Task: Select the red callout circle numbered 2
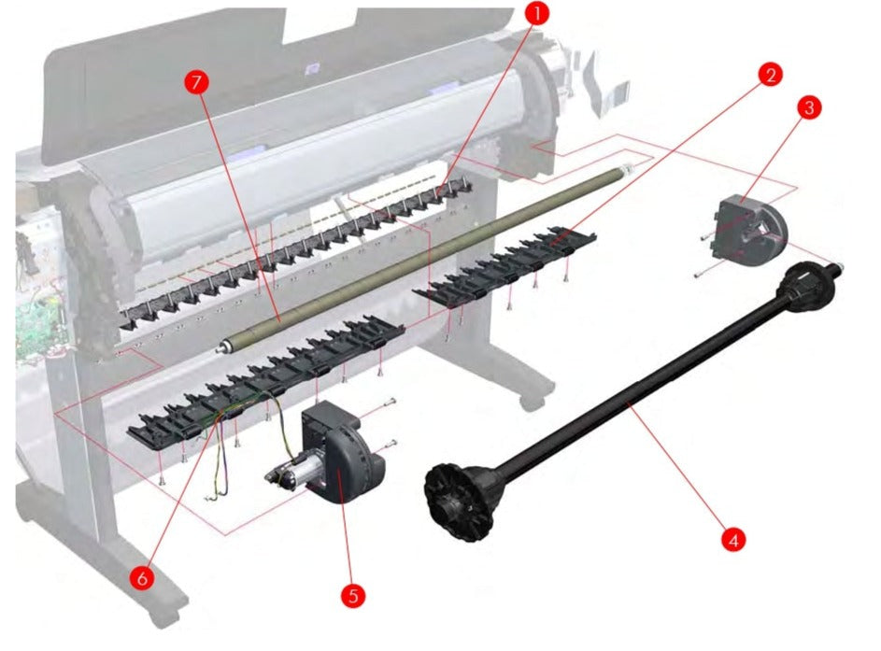coord(770,75)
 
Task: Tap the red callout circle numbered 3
coord(809,107)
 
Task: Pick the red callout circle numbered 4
coord(733,540)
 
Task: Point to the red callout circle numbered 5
coord(353,595)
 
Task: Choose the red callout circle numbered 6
coord(142,577)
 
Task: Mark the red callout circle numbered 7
coord(196,82)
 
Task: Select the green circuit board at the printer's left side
coord(39,326)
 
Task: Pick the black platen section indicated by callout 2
coord(504,264)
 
